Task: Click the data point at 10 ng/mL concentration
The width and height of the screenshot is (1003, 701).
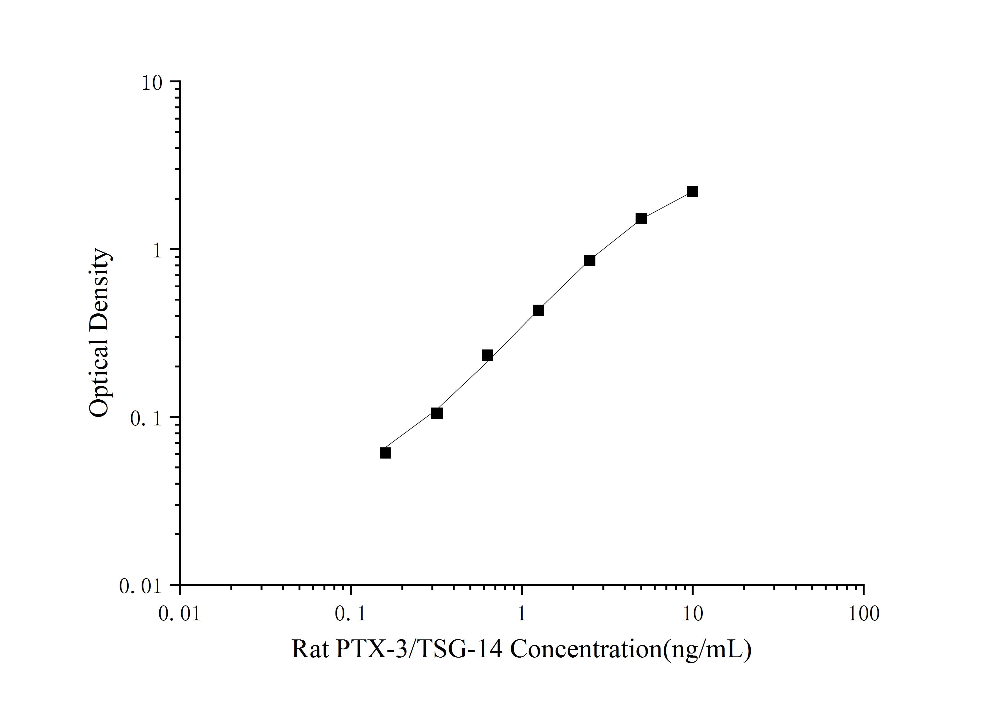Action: pyautogui.click(x=692, y=191)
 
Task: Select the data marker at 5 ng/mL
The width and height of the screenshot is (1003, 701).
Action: pyautogui.click(x=641, y=218)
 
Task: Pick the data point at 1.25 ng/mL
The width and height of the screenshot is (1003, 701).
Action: pyautogui.click(x=538, y=310)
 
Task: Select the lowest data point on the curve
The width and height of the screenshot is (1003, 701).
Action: pyautogui.click(x=385, y=453)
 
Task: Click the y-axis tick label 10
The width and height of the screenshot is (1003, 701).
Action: pyautogui.click(x=151, y=83)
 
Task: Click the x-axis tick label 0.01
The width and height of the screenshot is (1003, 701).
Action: pyautogui.click(x=180, y=614)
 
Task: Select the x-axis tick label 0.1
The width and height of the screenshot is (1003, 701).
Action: pyautogui.click(x=351, y=614)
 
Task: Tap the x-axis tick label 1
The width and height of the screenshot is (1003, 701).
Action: pyautogui.click(x=522, y=614)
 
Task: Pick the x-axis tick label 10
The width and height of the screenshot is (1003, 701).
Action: pyautogui.click(x=692, y=614)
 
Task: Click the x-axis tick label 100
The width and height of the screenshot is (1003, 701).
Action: pyautogui.click(x=863, y=614)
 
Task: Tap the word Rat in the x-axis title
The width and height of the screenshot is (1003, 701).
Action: pyautogui.click(x=310, y=649)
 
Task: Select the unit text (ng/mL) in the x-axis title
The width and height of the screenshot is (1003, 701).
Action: pyautogui.click(x=707, y=649)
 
